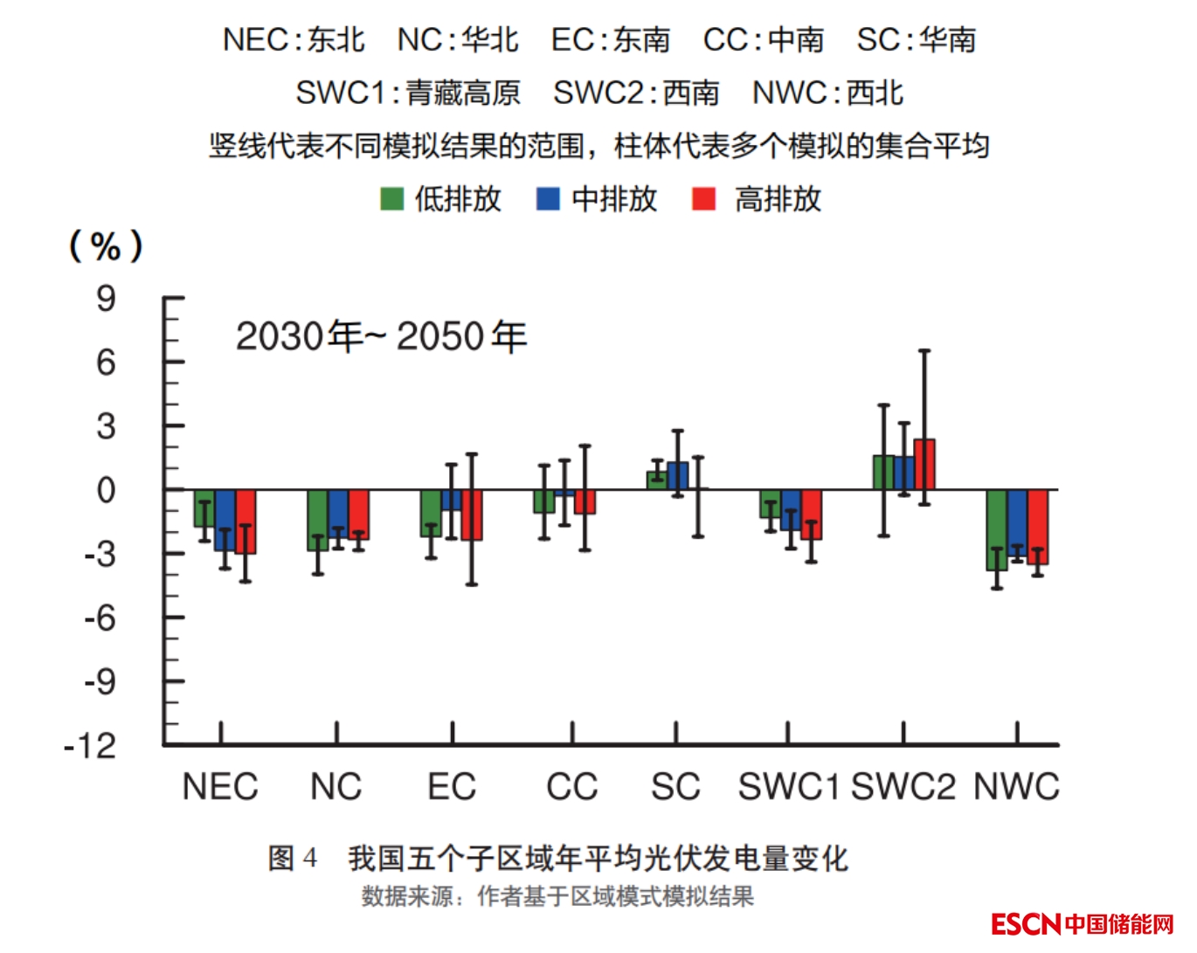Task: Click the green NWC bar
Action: click(x=996, y=529)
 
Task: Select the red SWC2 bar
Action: click(x=924, y=465)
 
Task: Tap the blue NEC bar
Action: click(x=225, y=520)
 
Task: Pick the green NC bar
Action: click(x=317, y=520)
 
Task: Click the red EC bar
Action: click(x=472, y=514)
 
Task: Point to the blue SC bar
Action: click(x=677, y=476)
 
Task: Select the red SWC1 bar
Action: click(x=811, y=514)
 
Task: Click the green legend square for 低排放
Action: click(x=391, y=199)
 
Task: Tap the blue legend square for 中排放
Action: click(x=547, y=199)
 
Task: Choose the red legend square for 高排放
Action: click(x=703, y=199)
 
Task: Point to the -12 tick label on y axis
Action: click(x=90, y=746)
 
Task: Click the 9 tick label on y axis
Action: click(x=106, y=300)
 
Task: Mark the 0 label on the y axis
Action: click(x=106, y=491)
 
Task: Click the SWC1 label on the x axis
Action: click(x=788, y=787)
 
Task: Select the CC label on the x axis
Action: click(x=571, y=787)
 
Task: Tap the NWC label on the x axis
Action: click(x=1016, y=787)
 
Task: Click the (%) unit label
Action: click(x=106, y=246)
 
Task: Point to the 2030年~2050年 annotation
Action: click(x=381, y=336)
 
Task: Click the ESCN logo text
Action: click(x=1026, y=924)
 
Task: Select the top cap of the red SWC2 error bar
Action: click(x=924, y=351)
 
